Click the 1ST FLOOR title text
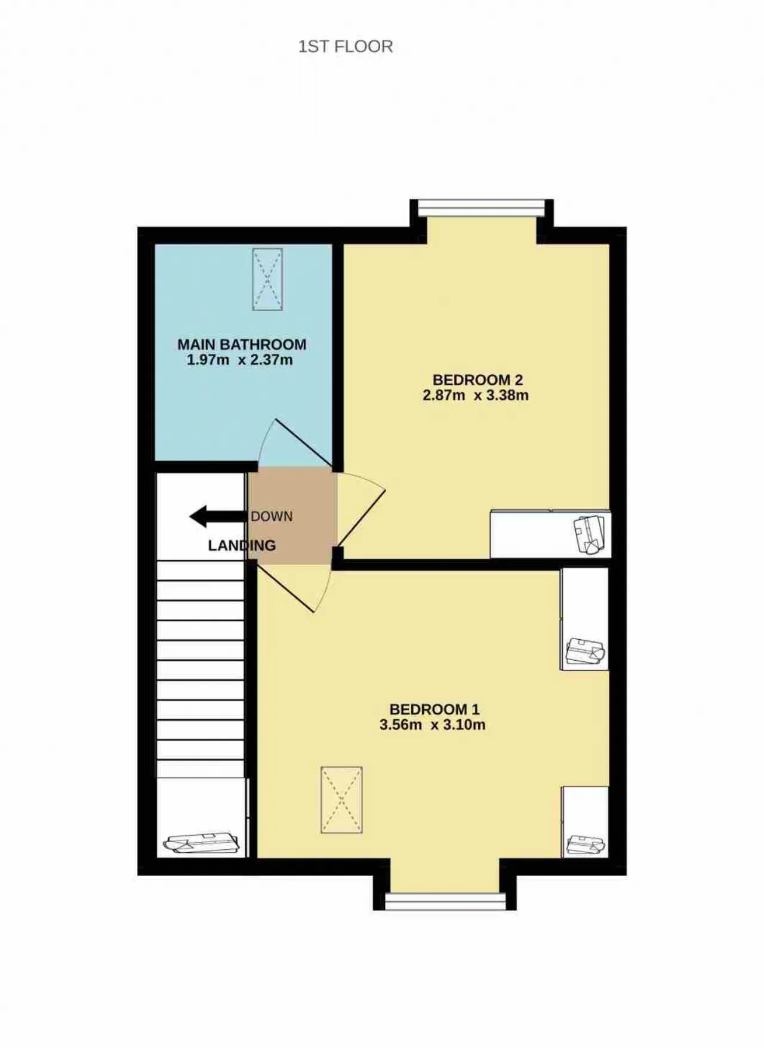[346, 47]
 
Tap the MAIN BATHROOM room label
[242, 344]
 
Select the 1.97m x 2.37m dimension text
[240, 360]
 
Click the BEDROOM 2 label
[478, 380]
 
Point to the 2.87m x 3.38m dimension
[476, 395]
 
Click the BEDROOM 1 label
[435, 710]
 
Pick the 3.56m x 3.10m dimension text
[433, 725]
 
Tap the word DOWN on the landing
[272, 517]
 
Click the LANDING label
[242, 545]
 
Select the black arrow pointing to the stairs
[218, 517]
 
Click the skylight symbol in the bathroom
[267, 279]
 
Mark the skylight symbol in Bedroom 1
[341, 800]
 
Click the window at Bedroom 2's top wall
[482, 208]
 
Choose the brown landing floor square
[292, 516]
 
